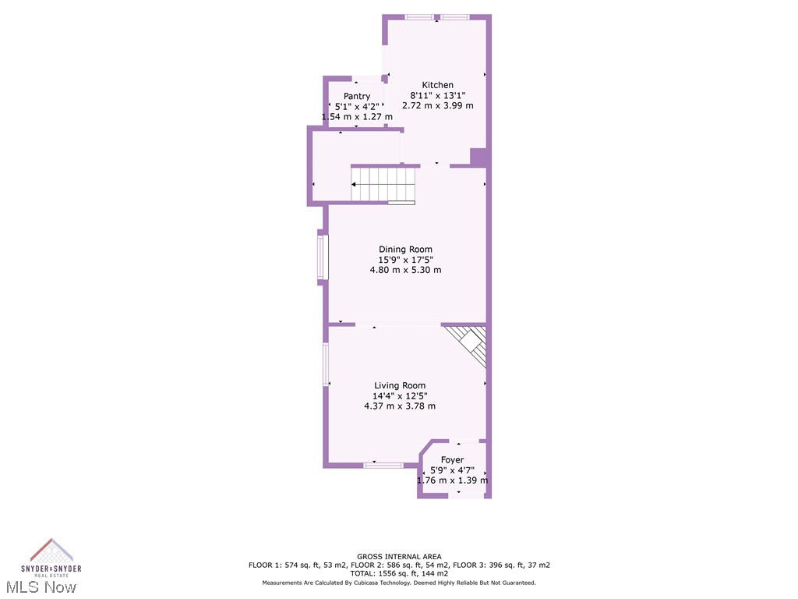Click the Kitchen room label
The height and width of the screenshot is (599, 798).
click(x=437, y=85)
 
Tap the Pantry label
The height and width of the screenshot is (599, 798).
click(x=357, y=96)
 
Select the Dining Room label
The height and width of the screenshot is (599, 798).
click(x=405, y=250)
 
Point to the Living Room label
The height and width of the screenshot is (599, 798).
click(x=400, y=385)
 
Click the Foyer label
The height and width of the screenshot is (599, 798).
click(x=452, y=460)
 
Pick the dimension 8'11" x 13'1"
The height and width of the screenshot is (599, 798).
click(x=438, y=95)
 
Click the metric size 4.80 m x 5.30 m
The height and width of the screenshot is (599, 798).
click(x=405, y=270)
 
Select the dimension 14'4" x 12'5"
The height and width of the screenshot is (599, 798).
click(x=400, y=395)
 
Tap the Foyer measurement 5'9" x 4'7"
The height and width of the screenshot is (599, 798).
click(x=452, y=470)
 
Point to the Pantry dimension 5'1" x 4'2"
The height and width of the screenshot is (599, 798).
click(x=357, y=106)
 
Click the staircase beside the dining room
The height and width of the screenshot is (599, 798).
click(x=383, y=184)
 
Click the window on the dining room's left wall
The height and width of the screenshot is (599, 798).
click(x=322, y=257)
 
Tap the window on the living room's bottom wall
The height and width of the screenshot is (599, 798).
click(x=383, y=466)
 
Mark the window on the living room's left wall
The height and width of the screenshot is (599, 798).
click(x=326, y=364)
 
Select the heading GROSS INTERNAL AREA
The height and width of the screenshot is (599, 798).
click(x=399, y=557)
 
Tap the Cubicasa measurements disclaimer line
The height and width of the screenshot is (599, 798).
click(x=399, y=583)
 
